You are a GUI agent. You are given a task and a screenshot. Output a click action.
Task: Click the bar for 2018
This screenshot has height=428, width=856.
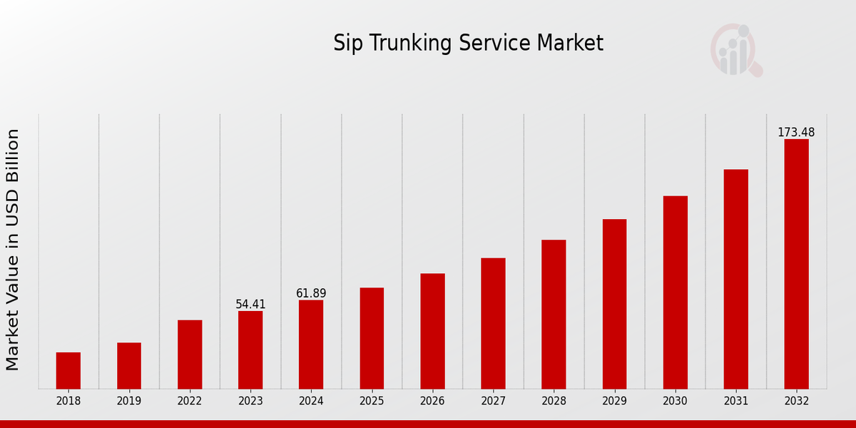click(x=68, y=370)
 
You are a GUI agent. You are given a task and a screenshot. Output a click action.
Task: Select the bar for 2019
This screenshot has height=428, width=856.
click(x=129, y=365)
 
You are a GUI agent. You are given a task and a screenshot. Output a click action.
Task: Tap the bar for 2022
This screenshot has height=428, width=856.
click(x=190, y=354)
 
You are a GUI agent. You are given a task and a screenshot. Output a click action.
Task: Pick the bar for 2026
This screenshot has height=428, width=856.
click(x=432, y=331)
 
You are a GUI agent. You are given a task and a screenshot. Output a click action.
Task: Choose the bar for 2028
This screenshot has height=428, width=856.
click(x=554, y=314)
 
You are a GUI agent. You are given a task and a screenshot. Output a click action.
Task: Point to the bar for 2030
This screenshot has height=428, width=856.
click(x=675, y=292)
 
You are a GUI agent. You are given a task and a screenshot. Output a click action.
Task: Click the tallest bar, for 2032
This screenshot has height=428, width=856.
click(x=796, y=264)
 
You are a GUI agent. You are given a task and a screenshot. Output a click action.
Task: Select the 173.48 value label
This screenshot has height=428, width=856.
click(x=796, y=133)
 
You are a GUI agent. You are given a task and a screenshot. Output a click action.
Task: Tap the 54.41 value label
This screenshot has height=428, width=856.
click(x=250, y=305)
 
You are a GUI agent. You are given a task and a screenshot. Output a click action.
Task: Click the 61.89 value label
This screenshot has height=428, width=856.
click(x=311, y=294)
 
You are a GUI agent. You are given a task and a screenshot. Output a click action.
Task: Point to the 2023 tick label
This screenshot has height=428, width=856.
click(x=250, y=401)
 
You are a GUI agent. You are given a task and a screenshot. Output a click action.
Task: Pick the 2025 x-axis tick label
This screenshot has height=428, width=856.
click(x=372, y=401)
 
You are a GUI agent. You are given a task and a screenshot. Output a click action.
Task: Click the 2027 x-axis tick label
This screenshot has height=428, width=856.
click(x=493, y=401)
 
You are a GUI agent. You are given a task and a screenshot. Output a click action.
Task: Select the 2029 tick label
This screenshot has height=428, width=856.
click(x=614, y=401)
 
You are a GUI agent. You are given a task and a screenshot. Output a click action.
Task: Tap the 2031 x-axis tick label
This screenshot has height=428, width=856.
click(x=735, y=401)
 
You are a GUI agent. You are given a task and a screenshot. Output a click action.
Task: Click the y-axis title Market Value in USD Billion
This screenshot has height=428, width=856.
click(x=13, y=250)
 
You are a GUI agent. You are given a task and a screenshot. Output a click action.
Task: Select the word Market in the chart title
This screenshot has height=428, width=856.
click(x=570, y=44)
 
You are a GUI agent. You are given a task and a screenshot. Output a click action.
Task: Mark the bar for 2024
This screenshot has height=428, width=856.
click(x=311, y=344)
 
